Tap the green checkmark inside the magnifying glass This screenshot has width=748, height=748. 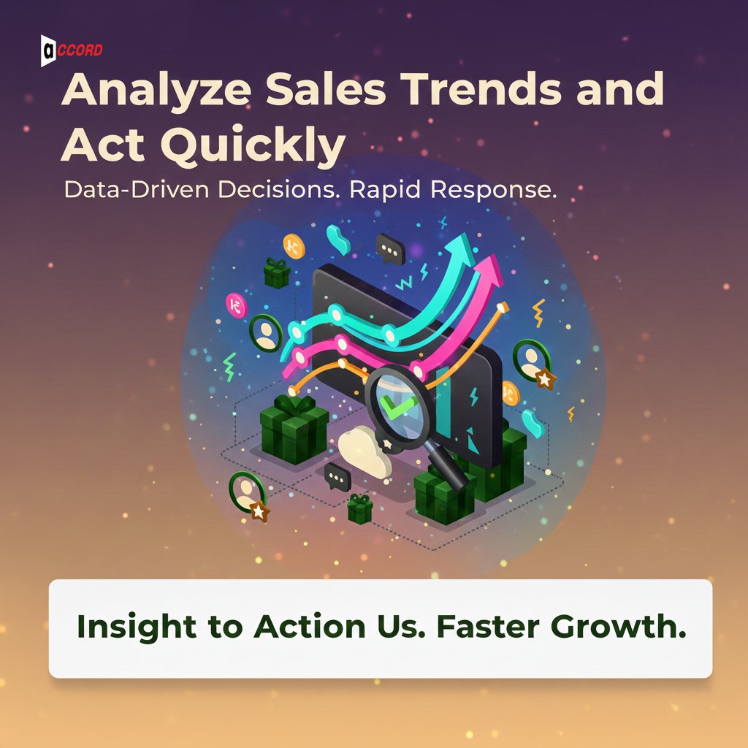coord(394,404)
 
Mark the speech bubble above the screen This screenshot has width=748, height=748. coord(390,249)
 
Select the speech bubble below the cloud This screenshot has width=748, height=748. coord(337,476)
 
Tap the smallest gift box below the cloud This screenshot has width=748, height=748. coord(360,508)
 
